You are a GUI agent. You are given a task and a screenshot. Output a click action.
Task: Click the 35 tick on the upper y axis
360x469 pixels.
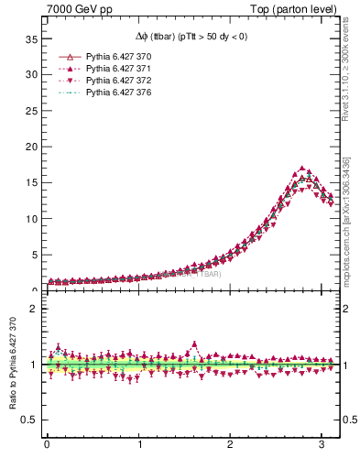[29, 39]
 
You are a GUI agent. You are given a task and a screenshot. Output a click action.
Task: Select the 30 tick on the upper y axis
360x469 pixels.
[29, 75]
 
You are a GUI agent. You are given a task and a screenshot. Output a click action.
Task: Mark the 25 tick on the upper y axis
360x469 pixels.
[29, 111]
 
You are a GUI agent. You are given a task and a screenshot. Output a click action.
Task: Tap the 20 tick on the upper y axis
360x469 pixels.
[29, 147]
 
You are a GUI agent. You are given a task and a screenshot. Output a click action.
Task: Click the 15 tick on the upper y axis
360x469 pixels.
[29, 182]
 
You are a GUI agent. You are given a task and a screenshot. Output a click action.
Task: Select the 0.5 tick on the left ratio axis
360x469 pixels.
[30, 420]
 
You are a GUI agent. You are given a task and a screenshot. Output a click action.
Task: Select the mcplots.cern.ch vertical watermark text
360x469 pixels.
[347, 220]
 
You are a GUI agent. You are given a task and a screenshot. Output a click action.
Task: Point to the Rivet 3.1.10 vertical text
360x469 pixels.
[347, 82]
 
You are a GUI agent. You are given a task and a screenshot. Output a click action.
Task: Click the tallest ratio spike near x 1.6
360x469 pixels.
[194, 344]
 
